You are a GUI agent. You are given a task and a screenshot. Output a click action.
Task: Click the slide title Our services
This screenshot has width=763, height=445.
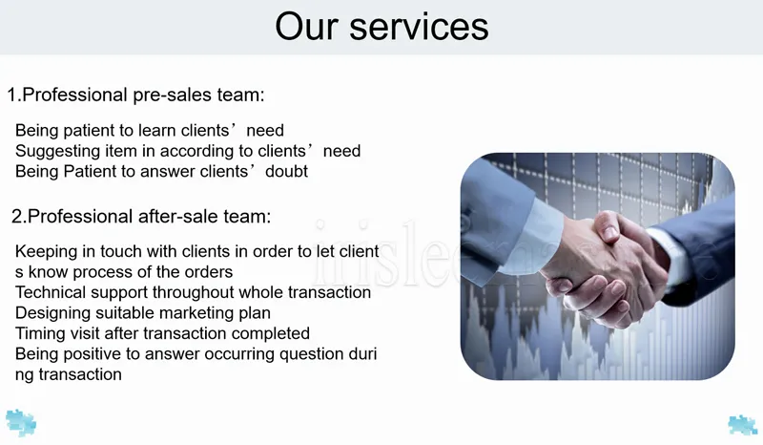381,27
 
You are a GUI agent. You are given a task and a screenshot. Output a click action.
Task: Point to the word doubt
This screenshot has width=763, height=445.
287,172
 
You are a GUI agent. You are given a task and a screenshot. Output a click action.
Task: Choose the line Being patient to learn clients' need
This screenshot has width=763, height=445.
150,131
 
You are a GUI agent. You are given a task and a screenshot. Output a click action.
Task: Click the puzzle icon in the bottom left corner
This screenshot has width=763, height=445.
21,423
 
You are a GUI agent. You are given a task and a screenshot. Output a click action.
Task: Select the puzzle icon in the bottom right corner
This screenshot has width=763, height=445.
743,425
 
